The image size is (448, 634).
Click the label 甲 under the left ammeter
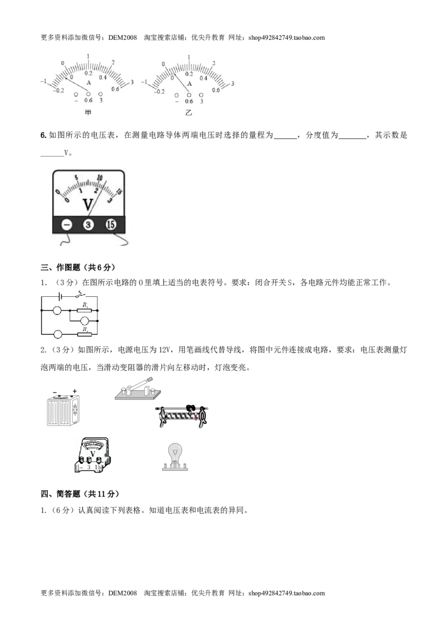[88, 113]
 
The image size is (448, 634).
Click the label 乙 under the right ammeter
[189, 113]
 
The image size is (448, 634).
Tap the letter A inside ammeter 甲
[89, 82]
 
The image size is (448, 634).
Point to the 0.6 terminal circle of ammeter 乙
[189, 95]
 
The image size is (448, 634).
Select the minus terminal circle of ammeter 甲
[76, 94]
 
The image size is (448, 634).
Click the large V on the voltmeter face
[88, 204]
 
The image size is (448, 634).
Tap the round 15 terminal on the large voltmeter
[111, 225]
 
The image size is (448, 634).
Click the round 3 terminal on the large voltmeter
[88, 225]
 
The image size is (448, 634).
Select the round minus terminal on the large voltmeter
[66, 225]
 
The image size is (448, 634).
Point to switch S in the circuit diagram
[80, 295]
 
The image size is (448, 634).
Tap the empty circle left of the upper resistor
[58, 310]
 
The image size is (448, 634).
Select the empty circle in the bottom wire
[58, 334]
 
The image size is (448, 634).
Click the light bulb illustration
[175, 457]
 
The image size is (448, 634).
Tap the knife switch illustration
[138, 389]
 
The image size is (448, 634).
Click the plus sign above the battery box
[74, 391]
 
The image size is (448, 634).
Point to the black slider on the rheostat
[190, 409]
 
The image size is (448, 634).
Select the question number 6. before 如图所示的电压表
[44, 136]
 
